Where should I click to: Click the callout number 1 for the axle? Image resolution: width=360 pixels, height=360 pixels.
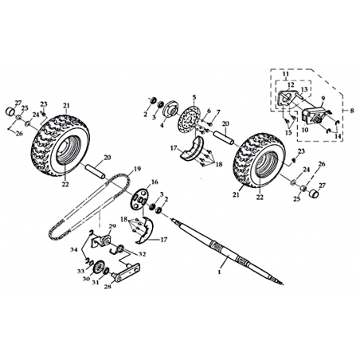point(219,272)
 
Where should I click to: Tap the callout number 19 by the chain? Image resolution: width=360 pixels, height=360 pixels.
point(138,169)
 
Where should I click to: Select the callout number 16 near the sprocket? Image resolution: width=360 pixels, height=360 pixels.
point(155,182)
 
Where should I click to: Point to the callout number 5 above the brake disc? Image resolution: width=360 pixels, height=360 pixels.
point(194,97)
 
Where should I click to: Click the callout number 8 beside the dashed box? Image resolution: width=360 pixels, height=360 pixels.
point(352,111)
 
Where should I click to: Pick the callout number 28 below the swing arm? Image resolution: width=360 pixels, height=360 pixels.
point(108,287)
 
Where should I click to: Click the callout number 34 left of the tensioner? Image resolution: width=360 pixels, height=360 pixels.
point(74,249)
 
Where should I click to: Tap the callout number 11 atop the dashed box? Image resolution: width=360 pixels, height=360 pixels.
point(285,73)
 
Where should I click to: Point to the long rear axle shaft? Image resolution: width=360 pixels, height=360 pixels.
point(228,251)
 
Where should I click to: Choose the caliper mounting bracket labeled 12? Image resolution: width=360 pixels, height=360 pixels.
point(288,100)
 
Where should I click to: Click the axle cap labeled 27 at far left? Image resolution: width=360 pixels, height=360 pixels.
point(10,111)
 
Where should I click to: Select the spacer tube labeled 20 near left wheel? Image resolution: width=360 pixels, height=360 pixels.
point(95,171)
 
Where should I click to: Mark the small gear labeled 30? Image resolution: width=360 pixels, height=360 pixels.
point(98,267)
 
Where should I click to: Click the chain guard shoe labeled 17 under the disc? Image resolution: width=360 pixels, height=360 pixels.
point(191,149)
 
